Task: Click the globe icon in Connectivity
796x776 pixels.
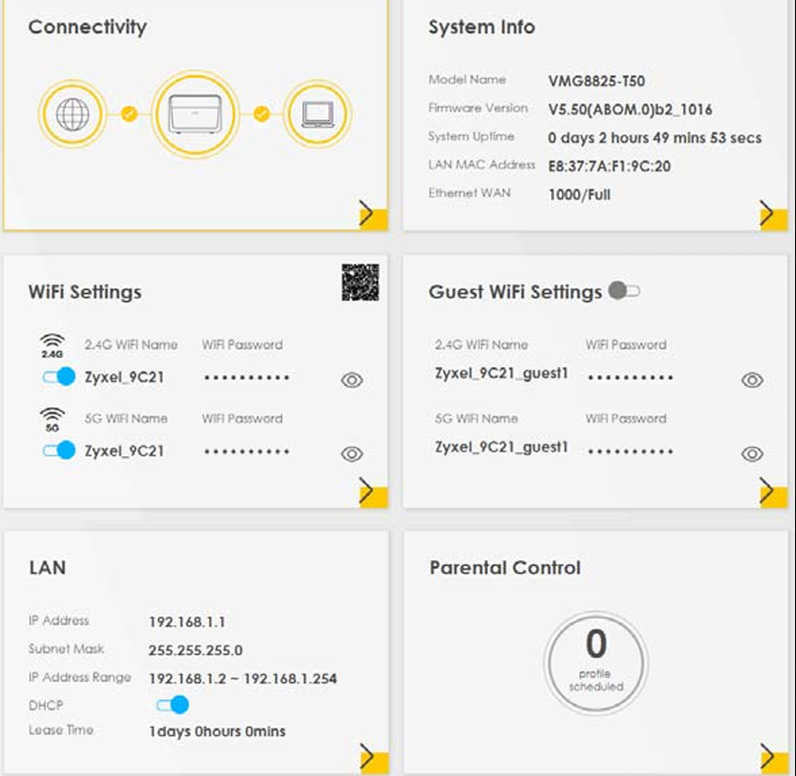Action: pos(72,114)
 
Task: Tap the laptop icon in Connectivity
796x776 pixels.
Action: pos(318,114)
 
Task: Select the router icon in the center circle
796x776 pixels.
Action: pos(195,114)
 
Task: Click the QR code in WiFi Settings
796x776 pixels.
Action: pos(360,282)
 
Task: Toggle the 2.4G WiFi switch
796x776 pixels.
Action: pos(59,376)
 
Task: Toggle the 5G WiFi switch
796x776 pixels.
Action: pos(59,450)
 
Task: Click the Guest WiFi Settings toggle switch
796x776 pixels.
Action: pos(624,291)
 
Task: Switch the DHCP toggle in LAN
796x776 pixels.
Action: pos(173,705)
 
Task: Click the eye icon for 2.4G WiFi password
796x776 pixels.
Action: pos(352,380)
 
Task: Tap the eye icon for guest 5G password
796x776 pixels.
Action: pos(752,453)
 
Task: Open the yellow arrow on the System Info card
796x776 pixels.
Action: pos(773,214)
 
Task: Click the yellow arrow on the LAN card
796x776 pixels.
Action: pos(375,759)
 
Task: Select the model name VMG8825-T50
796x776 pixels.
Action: pos(596,81)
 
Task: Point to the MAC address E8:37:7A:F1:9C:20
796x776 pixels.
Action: pos(609,166)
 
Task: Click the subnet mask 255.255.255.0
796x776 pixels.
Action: pos(195,650)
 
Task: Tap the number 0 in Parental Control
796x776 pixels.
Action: pos(596,643)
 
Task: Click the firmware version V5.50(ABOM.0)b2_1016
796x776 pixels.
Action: pos(630,109)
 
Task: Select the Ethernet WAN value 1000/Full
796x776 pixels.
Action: pos(579,194)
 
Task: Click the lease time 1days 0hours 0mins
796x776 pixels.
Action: pos(217,731)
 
